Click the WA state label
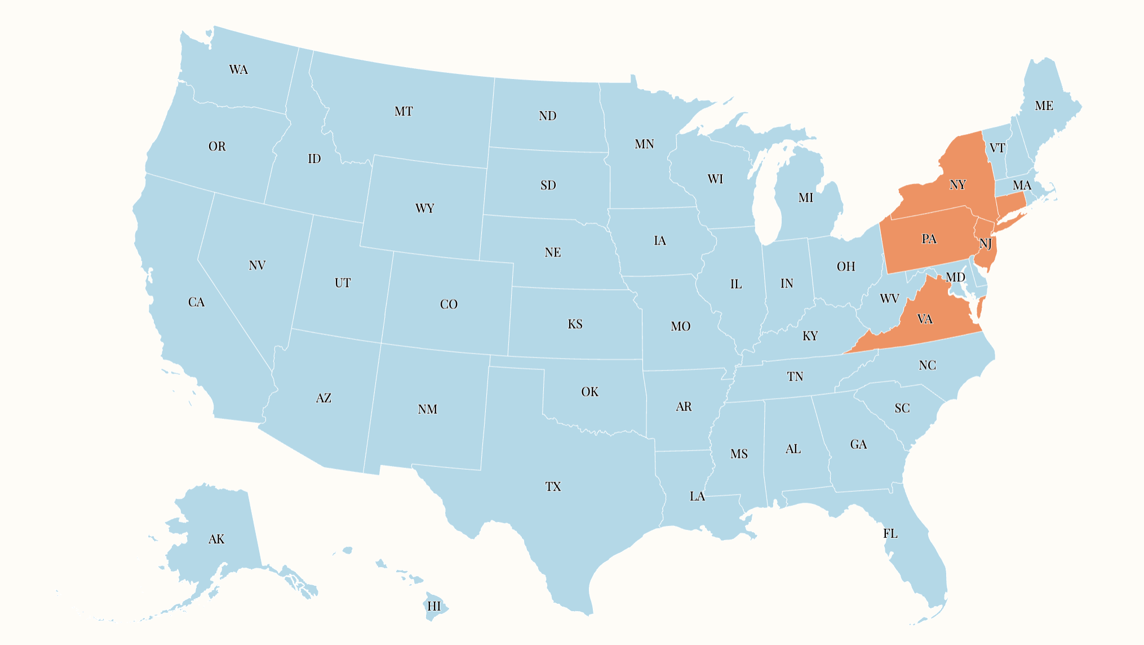pos(238,70)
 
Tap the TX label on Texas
pos(553,487)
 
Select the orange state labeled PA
pos(929,239)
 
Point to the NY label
pos(957,185)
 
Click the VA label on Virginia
pos(925,320)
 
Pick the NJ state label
pos(986,244)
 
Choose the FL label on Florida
pos(890,533)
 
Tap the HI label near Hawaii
pos(434,607)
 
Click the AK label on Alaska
pos(216,540)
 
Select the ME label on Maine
pos(1044,106)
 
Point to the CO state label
pos(449,304)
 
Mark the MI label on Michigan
pos(806,198)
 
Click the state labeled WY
pos(424,209)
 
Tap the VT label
pos(997,148)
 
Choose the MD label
pos(956,277)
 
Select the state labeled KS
pos(575,324)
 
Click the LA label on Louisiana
pos(697,496)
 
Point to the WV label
pos(889,299)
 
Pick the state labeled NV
pos(257,266)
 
